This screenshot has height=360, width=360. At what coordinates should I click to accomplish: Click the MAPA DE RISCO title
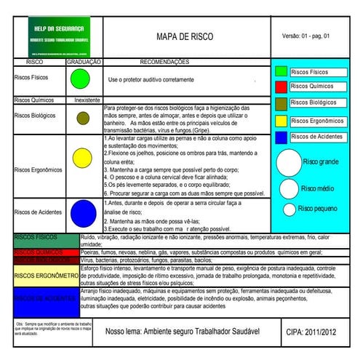point(184,36)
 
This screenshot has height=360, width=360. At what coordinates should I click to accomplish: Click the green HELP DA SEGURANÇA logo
point(60,36)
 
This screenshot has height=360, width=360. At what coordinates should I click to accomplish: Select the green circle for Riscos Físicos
point(79,78)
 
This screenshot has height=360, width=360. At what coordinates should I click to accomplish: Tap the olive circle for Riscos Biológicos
point(83,117)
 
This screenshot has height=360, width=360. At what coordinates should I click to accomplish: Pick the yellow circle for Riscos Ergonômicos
point(82,157)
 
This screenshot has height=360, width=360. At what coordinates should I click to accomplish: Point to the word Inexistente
point(87,100)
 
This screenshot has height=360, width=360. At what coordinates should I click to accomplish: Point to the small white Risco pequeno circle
point(289,209)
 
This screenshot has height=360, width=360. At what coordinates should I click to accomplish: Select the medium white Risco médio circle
point(289,188)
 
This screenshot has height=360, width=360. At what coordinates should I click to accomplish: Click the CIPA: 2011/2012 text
point(313,332)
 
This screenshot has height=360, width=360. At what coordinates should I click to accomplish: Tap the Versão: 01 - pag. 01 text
point(305,36)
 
